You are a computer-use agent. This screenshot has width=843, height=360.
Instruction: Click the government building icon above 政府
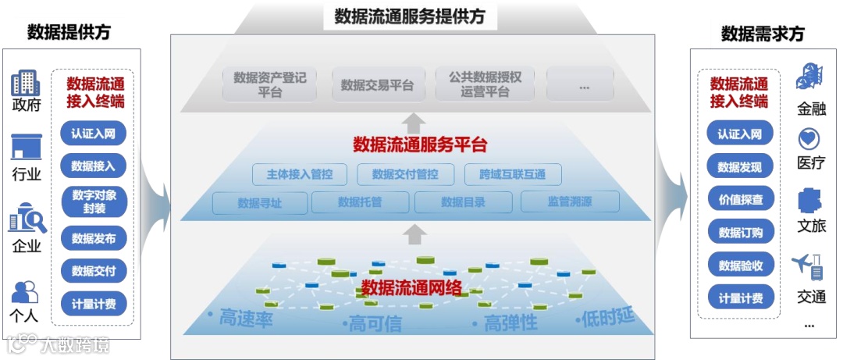[26, 83]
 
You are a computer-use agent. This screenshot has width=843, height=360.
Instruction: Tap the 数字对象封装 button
[93, 201]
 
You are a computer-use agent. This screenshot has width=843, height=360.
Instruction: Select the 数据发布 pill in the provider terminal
[93, 238]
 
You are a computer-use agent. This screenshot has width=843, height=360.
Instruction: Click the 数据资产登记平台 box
[269, 84]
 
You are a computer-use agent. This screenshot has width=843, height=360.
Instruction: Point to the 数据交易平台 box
[377, 85]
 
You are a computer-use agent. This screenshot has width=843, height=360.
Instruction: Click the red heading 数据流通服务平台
[420, 145]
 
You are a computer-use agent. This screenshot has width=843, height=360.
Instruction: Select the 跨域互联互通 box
[512, 174]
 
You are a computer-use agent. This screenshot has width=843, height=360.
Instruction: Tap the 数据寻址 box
[259, 203]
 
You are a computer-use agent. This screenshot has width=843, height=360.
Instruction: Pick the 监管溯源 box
[569, 202]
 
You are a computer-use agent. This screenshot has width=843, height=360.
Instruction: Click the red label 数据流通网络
[412, 287]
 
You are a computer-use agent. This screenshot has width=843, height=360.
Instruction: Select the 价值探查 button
[740, 198]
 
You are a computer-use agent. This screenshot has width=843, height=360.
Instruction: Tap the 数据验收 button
[740, 265]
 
